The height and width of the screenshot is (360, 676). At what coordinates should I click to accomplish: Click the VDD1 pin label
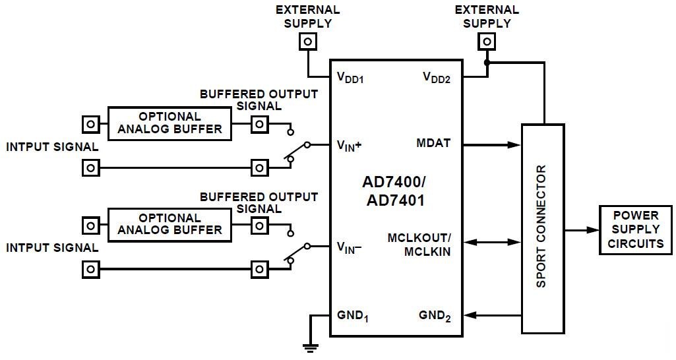(x=350, y=78)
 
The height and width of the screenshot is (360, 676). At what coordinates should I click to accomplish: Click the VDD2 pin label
(x=436, y=78)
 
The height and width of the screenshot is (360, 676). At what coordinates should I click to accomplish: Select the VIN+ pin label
(x=350, y=146)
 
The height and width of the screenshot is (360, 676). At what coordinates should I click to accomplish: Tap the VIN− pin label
(x=350, y=248)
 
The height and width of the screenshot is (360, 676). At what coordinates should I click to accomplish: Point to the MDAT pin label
(x=433, y=143)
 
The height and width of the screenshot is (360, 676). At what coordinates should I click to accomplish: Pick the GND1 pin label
(x=352, y=316)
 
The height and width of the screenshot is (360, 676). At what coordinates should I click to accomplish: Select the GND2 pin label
(x=435, y=316)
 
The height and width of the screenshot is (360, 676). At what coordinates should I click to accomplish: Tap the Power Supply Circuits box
(x=635, y=229)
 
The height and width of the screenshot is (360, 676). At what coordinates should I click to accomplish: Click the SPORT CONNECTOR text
(x=542, y=226)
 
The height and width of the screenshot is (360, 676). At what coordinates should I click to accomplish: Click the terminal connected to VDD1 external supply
(x=307, y=42)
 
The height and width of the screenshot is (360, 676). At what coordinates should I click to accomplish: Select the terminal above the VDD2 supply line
(x=487, y=42)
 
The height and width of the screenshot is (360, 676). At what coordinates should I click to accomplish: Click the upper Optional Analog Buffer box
(x=169, y=123)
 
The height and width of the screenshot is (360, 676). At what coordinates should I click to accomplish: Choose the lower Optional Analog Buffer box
(x=169, y=224)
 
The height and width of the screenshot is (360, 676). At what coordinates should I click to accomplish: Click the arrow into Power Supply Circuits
(x=581, y=230)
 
